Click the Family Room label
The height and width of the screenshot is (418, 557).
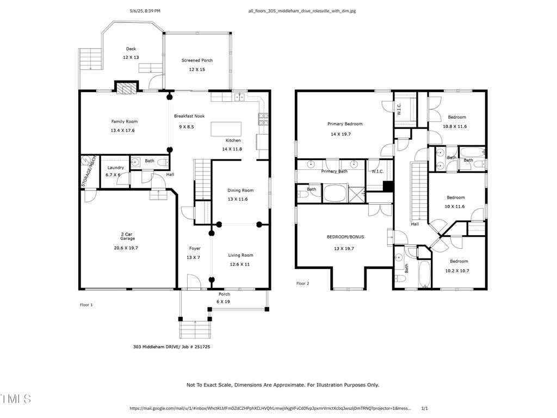point(125,121)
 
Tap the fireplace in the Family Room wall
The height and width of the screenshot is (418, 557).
point(126,88)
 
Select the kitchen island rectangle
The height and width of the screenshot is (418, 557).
point(226,129)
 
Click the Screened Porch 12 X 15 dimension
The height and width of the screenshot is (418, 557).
point(197,70)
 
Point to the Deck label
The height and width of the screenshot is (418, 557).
point(131,49)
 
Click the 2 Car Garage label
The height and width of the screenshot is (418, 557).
point(127,236)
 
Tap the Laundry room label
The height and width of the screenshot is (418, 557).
point(116,168)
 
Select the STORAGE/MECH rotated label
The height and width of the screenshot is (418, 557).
point(89,171)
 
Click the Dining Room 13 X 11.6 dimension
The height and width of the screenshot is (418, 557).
point(238,199)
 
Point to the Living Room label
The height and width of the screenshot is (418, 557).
point(240,255)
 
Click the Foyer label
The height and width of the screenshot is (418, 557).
point(195,248)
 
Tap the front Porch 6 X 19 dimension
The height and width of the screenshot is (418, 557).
point(223,302)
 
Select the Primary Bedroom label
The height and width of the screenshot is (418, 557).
point(345,124)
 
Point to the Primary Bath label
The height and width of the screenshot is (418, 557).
point(335,171)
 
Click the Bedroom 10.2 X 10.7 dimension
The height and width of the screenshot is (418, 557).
point(457,271)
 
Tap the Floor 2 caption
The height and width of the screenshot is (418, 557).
point(302,284)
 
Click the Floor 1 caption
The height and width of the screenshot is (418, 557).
point(86,305)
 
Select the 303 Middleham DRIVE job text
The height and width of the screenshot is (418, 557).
point(171,347)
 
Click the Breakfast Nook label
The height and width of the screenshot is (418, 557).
point(189,116)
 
